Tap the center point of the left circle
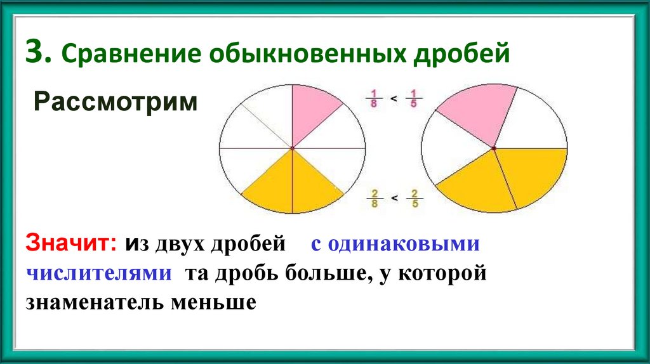[x=293, y=148]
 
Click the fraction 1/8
[x=375, y=99]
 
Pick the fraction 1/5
[x=413, y=99]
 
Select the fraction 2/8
[x=375, y=198]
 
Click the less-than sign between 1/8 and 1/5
[x=394, y=99]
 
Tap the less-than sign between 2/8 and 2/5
[x=394, y=198]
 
